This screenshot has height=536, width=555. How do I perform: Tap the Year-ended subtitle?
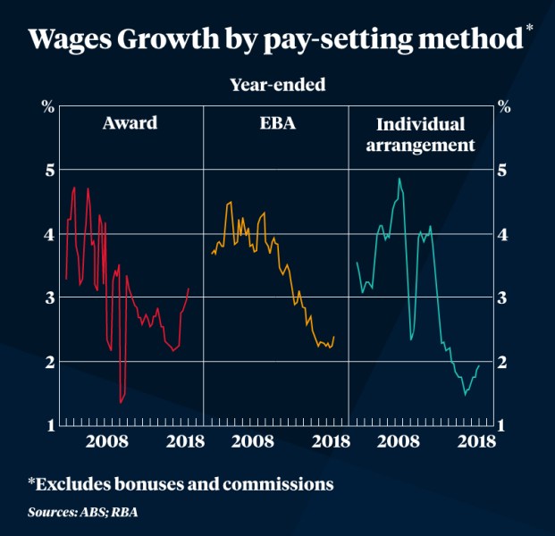pos(277,86)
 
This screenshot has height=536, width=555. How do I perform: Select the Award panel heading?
pos(130,123)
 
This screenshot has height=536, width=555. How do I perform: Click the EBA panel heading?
pos(275,123)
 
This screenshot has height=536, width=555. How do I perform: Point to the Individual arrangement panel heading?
pos(422,133)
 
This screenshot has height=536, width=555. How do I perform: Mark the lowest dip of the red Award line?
pos(121,402)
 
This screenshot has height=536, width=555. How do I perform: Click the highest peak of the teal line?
pos(399,179)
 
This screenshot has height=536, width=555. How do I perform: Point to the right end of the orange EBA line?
pos(334,337)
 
